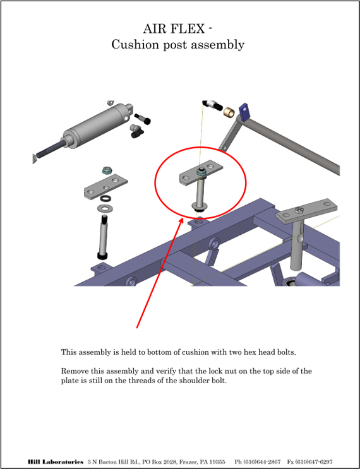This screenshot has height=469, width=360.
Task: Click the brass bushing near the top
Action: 229,112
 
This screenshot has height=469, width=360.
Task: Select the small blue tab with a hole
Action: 244,112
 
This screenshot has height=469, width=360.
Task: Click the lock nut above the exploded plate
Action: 107,171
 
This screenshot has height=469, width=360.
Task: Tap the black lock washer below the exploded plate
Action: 105,198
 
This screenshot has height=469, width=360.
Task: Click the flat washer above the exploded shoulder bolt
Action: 103,208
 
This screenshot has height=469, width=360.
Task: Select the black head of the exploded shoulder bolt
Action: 102,256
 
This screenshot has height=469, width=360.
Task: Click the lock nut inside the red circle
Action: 201,172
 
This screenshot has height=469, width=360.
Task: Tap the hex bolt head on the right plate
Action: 299,210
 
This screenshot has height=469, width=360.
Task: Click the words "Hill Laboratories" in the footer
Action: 56,462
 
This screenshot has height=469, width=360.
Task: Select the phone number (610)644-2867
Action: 257,462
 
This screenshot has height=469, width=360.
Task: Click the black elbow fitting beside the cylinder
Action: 136,131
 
